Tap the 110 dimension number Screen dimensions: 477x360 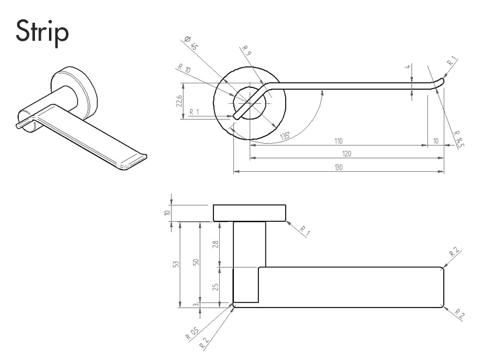tap(338, 142)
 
